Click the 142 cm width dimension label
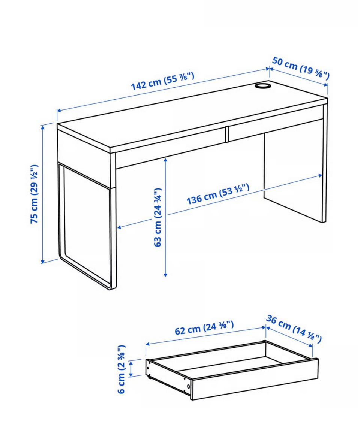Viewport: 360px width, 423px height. (163, 81)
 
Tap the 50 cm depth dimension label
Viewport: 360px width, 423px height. (301, 68)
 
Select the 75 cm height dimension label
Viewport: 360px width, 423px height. (34, 194)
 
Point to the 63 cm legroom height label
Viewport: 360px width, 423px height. (157, 217)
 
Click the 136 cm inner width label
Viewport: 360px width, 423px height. (217, 194)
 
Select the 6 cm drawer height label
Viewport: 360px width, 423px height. (121, 369)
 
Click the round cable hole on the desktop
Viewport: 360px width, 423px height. (262, 85)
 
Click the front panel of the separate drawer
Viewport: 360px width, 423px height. (255, 379)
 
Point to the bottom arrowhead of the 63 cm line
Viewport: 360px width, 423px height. (165, 274)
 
